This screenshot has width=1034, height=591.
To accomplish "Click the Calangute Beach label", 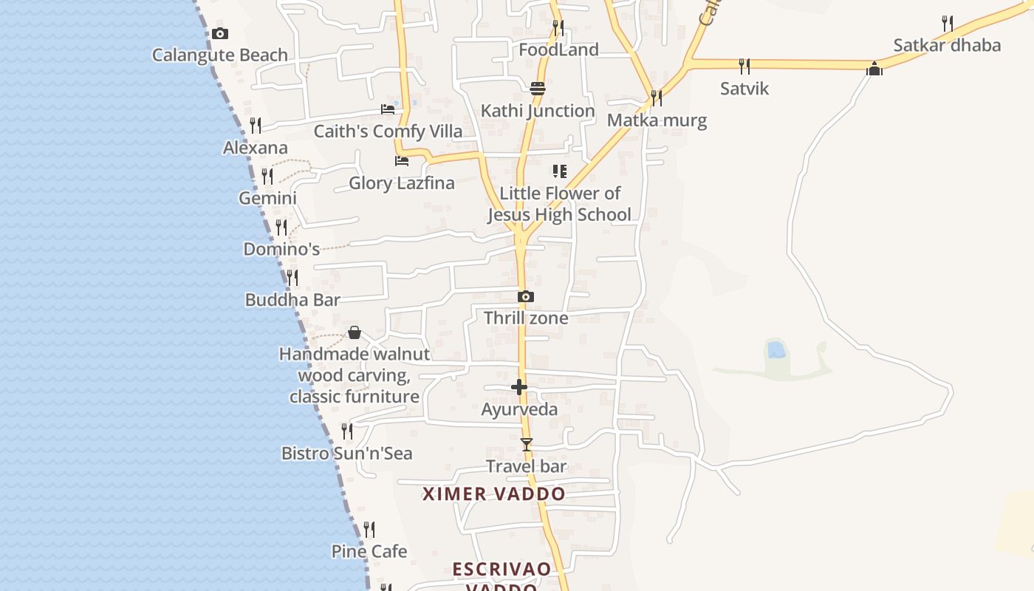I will click(219, 55).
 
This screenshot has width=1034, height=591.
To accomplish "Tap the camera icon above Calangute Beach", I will click(219, 33).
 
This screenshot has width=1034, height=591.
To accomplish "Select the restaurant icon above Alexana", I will click(256, 125).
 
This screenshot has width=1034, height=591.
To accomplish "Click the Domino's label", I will click(281, 249).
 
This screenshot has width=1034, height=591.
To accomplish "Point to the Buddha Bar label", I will click(292, 300).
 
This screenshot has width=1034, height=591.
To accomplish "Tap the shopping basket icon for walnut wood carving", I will click(355, 332).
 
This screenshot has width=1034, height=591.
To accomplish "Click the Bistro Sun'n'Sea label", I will click(346, 454).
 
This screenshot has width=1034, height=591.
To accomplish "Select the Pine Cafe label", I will click(369, 551).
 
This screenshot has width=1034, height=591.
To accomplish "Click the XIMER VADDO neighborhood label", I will click(494, 494).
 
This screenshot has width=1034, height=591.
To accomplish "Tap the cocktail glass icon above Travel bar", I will click(526, 444).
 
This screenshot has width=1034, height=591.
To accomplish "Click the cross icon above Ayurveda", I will click(519, 387).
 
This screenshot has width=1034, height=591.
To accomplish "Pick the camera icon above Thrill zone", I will click(525, 297).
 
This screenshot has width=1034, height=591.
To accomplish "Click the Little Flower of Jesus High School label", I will click(559, 204).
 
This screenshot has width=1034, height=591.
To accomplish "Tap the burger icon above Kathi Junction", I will click(537, 89).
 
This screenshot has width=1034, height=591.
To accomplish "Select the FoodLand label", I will click(558, 50).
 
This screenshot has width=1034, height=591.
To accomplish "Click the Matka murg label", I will click(657, 120).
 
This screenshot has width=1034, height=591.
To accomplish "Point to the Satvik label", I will click(744, 89).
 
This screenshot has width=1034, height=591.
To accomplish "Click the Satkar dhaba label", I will click(947, 45).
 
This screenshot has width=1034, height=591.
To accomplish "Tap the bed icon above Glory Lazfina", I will click(402, 160).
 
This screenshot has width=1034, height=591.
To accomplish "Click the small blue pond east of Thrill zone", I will click(775, 349).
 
